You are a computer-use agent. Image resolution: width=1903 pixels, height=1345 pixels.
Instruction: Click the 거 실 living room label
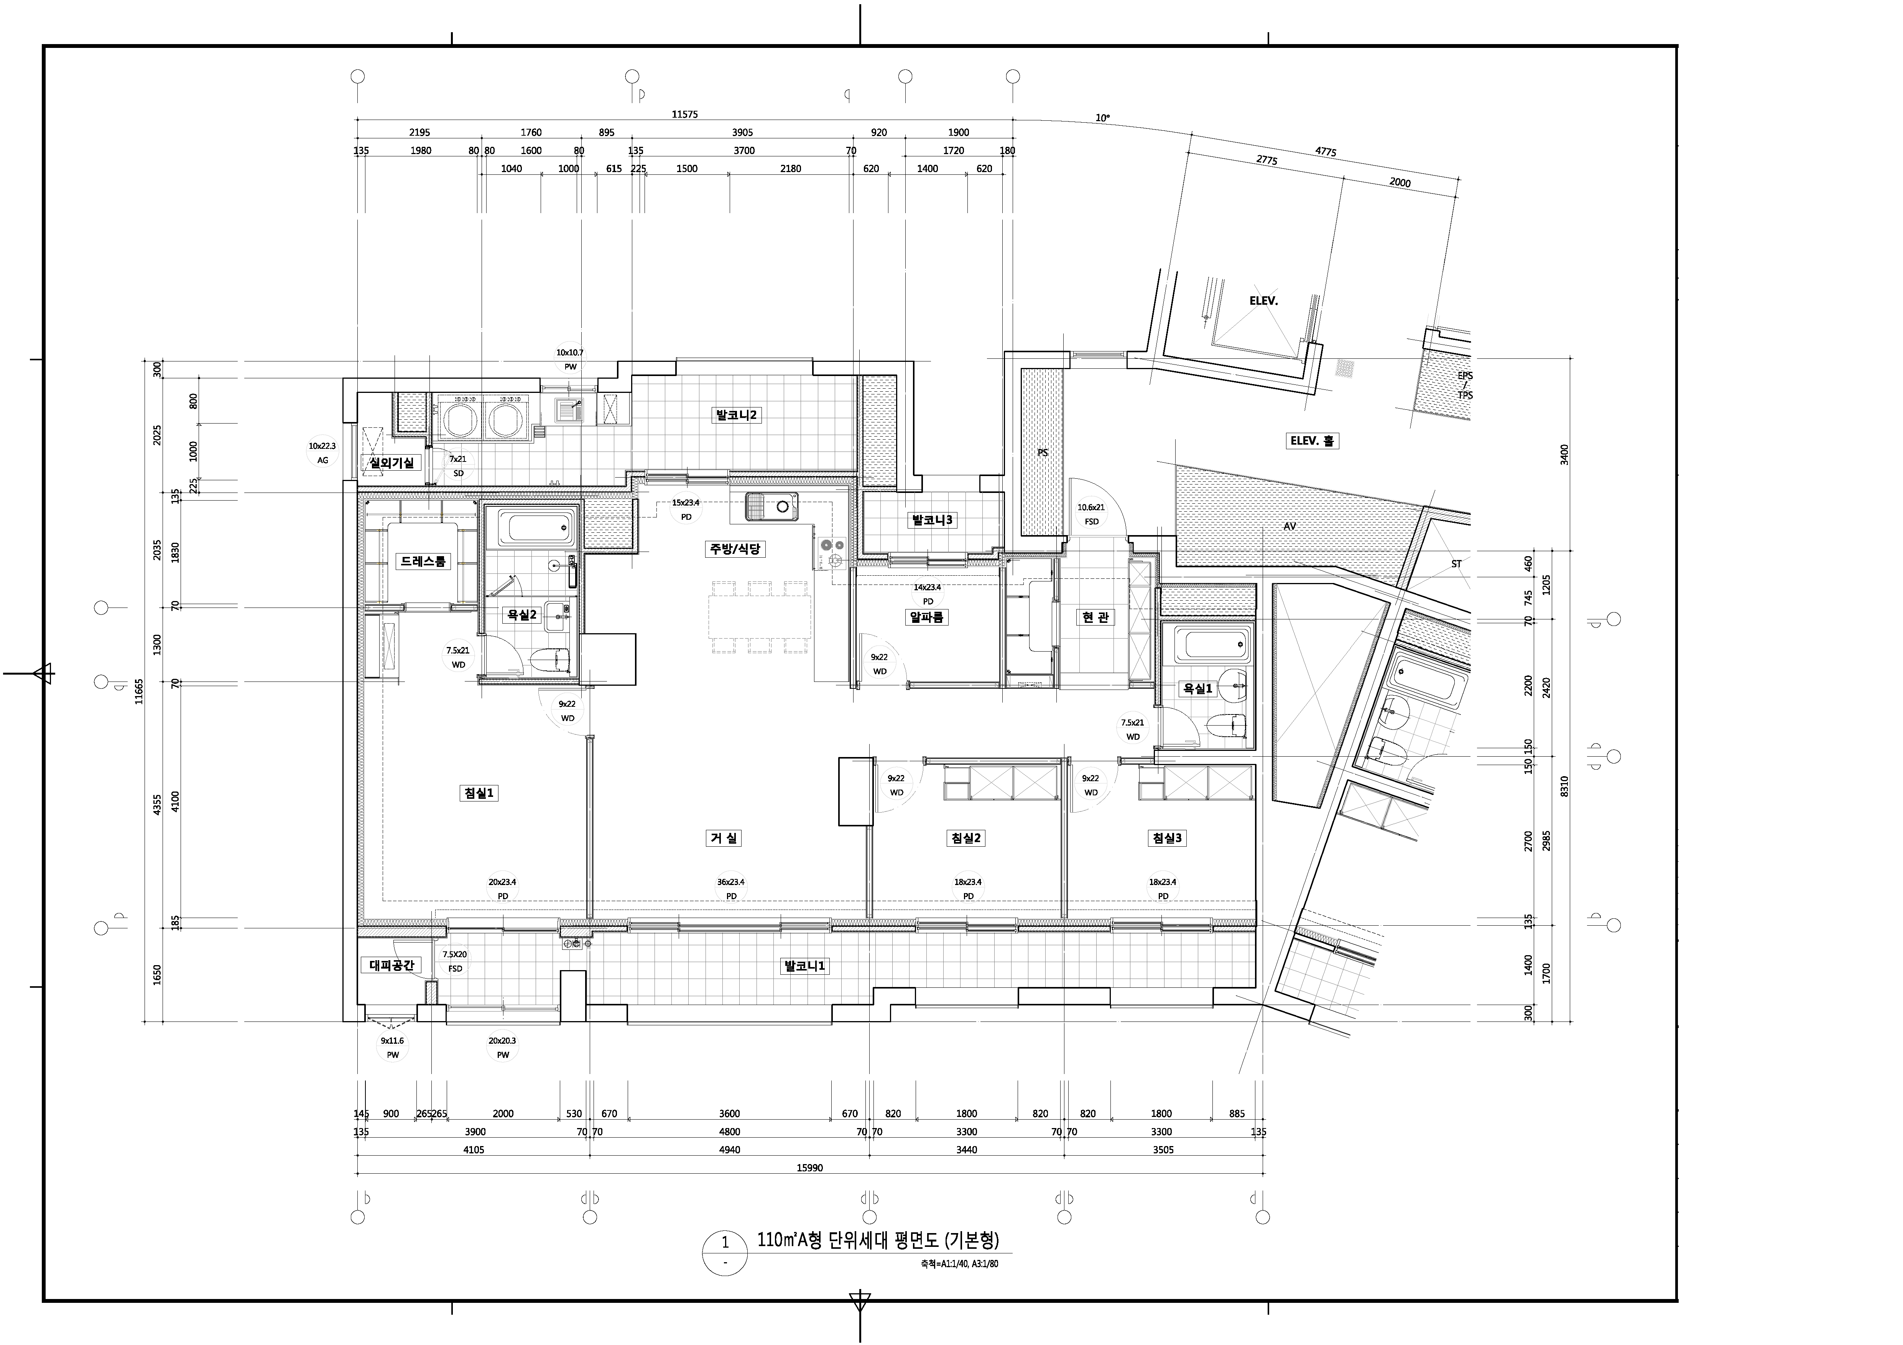[x=723, y=838]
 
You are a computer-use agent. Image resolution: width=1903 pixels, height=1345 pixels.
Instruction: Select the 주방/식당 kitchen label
[x=735, y=549]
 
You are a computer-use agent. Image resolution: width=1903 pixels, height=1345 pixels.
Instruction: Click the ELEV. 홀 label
[x=1313, y=441]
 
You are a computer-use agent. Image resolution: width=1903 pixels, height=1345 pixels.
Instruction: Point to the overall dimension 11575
[x=684, y=114]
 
